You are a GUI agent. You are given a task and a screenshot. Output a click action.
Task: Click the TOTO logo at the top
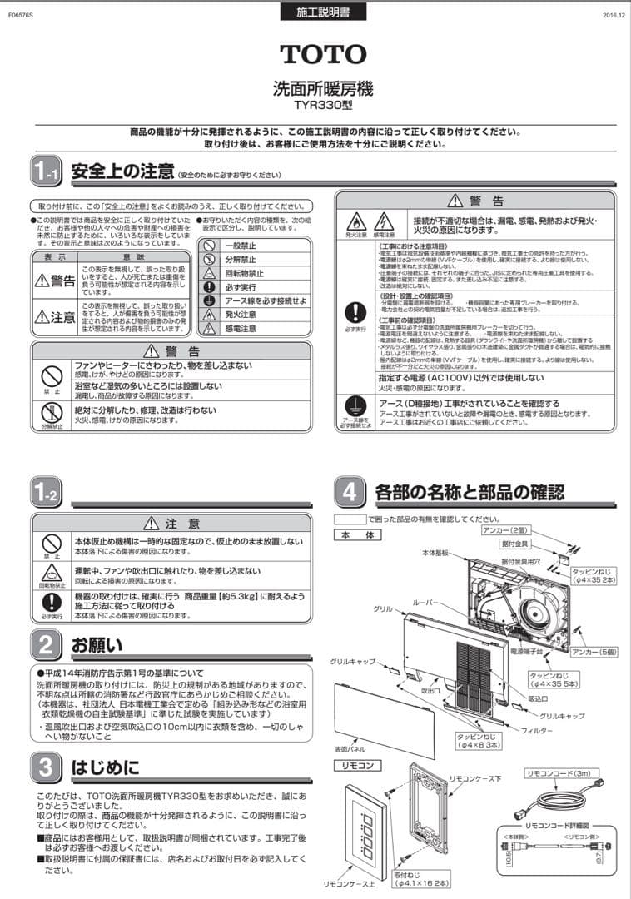pos(323,54)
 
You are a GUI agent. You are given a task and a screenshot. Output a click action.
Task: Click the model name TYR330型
pos(323,106)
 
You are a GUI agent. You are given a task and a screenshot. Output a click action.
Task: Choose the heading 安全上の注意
pos(122,172)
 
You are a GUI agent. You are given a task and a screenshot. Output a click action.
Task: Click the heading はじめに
pos(105,767)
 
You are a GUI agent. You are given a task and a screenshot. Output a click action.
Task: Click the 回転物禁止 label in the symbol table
pos(246,274)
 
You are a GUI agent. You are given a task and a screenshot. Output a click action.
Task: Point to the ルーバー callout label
pos(426,601)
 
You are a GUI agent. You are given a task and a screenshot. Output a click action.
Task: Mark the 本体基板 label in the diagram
pos(435,553)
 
